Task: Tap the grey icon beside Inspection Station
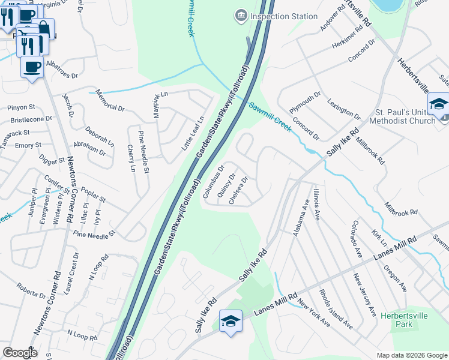pyautogui.click(x=241, y=15)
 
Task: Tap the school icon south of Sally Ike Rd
pyautogui.click(x=231, y=320)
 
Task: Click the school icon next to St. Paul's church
pyautogui.click(x=438, y=104)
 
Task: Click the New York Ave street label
pyautogui.click(x=313, y=313)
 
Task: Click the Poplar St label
pyautogui.click(x=92, y=194)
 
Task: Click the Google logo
pyautogui.click(x=20, y=353)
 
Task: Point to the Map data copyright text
pyautogui.click(x=411, y=355)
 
